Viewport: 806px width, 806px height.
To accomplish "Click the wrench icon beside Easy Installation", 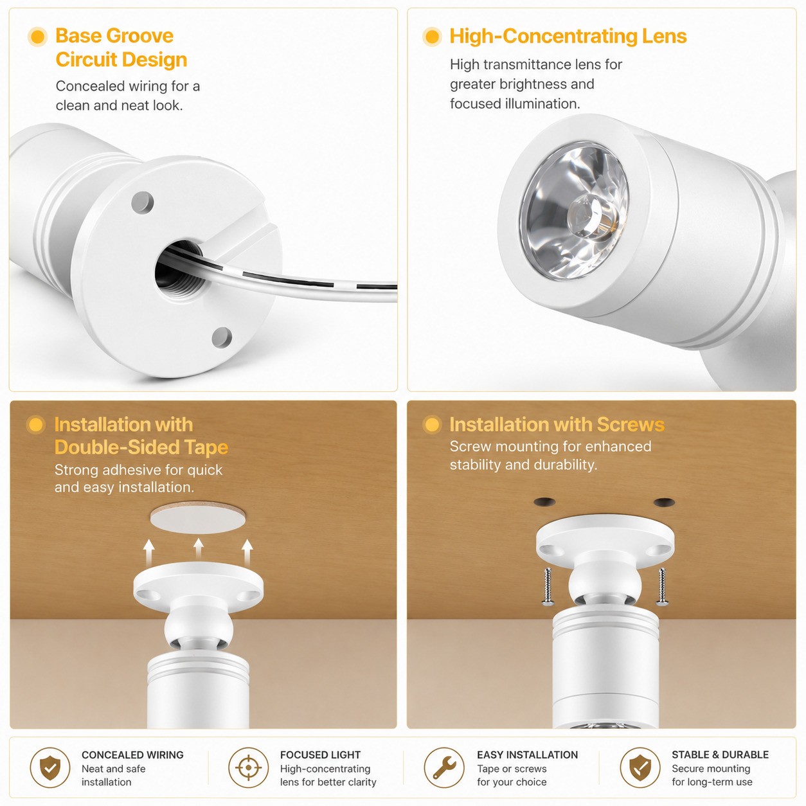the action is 443,768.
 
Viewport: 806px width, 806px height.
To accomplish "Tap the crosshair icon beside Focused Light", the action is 249,768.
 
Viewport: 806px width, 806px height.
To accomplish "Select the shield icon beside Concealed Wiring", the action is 49,768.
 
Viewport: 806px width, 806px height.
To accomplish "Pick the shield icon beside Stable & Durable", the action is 640,768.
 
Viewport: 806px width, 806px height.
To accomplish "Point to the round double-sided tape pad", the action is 198,518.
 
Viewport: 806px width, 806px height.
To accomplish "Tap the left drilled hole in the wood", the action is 544,501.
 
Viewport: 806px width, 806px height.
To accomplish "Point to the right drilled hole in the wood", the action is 664,501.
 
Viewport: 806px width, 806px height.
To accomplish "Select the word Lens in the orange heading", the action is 664,37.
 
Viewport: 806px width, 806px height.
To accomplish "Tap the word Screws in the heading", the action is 631,425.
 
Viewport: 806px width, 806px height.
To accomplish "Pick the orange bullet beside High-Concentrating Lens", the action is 432,37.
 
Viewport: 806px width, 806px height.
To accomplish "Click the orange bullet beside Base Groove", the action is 38,37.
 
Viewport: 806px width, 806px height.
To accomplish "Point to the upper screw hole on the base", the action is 143,202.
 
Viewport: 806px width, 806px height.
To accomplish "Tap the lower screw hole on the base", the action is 222,337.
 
